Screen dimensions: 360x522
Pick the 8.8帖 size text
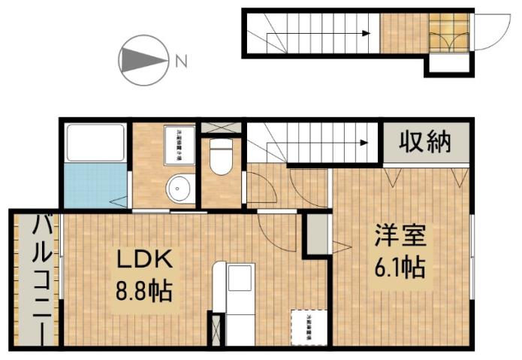pos(144,288)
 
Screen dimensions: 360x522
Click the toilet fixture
pos(221,157)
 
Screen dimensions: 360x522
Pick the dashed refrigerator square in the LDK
pos(309,327)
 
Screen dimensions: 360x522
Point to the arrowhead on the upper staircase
pos(367,33)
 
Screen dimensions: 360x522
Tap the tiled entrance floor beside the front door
pos(448,33)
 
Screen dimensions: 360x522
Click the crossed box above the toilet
pos(221,127)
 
